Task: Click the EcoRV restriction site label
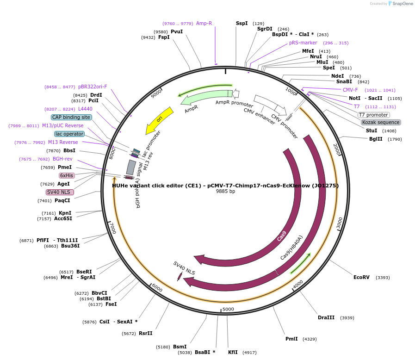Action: click(361, 278)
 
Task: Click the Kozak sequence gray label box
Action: click(381, 123)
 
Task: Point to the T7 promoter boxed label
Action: click(374, 115)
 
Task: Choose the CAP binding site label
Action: click(71, 118)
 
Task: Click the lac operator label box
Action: click(69, 134)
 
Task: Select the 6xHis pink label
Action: click(67, 176)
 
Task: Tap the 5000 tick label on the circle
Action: click(228, 309)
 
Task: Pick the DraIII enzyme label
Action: click(326, 318)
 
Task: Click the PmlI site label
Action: click(291, 339)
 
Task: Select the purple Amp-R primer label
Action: click(204, 23)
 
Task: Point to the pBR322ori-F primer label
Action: click(93, 87)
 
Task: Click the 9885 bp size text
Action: click(225, 192)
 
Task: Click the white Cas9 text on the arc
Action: click(282, 236)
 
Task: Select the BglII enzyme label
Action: click(376, 139)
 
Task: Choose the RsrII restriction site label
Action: click(145, 333)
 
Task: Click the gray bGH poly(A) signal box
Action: click(131, 167)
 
